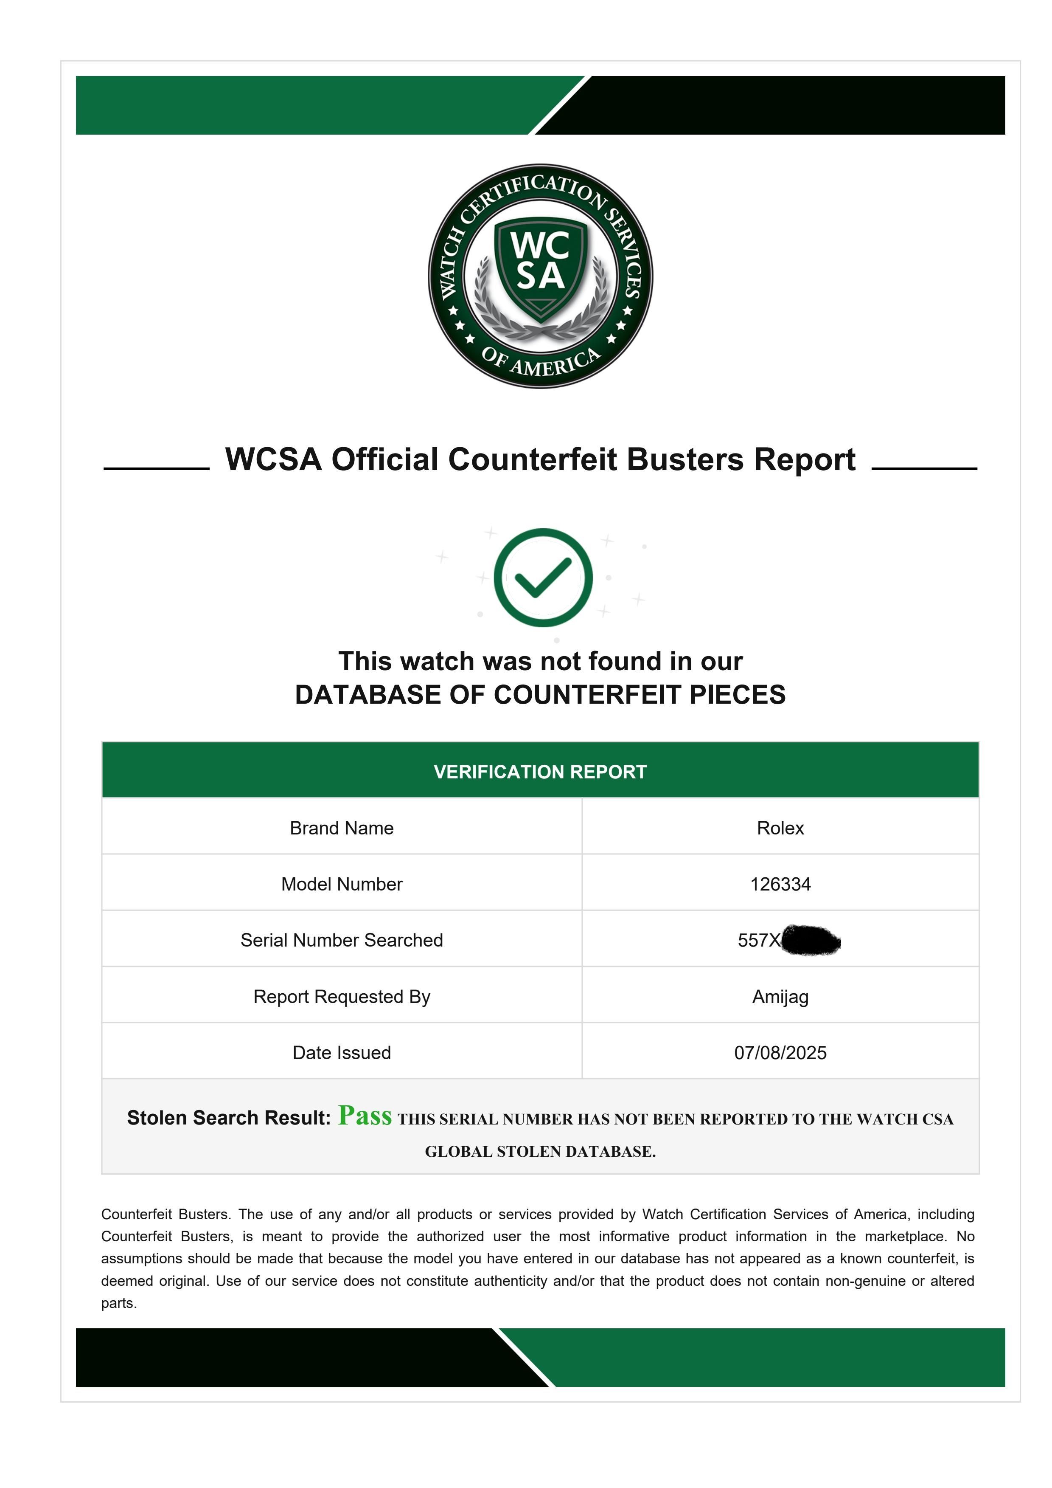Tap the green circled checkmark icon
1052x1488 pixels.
[543, 578]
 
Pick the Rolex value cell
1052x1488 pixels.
[780, 828]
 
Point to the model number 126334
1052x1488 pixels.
[780, 884]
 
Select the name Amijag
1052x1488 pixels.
[780, 997]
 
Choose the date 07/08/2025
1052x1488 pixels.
[780, 1052]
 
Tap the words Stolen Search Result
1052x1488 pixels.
[229, 1118]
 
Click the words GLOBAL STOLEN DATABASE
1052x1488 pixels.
[540, 1152]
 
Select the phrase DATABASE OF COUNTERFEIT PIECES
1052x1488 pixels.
[540, 695]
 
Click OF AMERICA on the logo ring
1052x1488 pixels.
[541, 363]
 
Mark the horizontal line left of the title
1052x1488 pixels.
[156, 468]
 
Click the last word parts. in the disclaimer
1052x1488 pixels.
[118, 1303]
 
